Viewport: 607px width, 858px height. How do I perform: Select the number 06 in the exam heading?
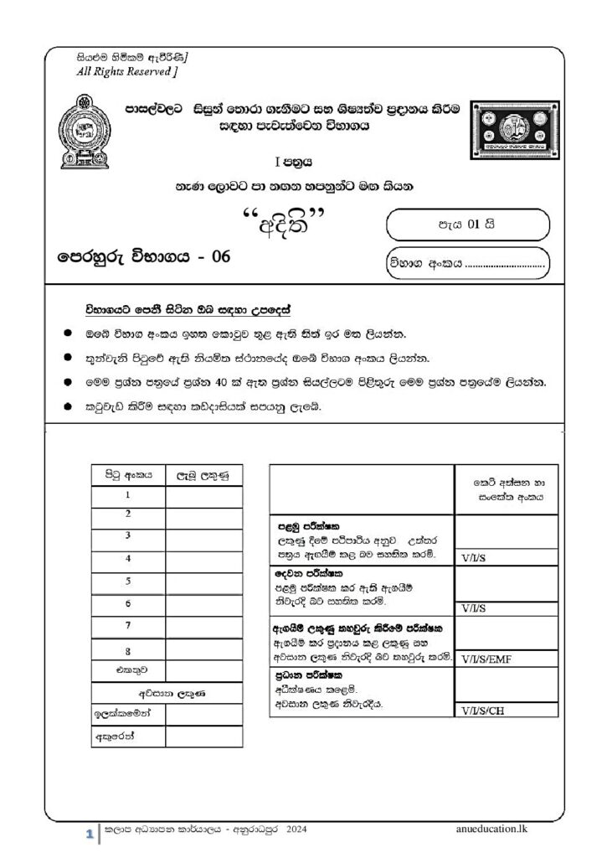pos(220,257)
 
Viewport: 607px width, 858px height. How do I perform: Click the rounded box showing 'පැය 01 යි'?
pos(467,225)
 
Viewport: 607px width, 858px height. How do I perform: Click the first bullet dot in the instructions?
pos(67,333)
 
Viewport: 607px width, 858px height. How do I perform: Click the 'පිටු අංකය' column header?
pos(127,474)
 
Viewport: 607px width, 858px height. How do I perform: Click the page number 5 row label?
pos(127,580)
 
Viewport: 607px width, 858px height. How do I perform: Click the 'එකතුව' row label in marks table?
pos(127,671)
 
